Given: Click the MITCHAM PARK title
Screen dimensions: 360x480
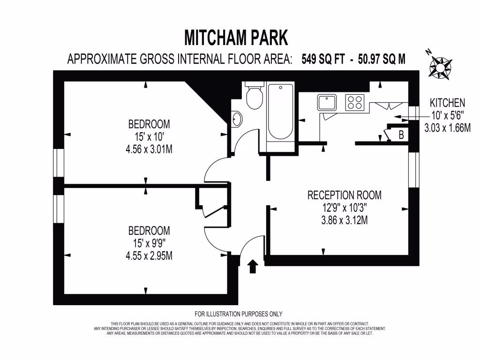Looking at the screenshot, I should coord(236,37).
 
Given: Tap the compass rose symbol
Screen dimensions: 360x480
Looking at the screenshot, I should coord(441,66).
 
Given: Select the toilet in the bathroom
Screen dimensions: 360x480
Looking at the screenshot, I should coord(254,97).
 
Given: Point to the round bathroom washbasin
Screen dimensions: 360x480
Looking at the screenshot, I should coord(237,119).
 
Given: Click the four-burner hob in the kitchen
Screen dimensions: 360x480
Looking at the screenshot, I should coord(355,102).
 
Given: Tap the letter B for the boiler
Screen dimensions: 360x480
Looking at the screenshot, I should coord(401,135).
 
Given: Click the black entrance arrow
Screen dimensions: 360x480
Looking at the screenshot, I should coord(252,266).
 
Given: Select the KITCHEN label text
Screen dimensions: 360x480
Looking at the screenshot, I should coord(448,103).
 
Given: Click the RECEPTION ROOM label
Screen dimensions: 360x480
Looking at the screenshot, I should coord(344,195).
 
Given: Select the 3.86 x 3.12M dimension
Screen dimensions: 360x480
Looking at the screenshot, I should coord(344,219).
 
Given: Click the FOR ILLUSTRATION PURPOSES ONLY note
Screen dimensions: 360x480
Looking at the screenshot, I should coord(239,314).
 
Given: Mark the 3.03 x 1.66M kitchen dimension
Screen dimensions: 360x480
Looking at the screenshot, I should coord(447,127).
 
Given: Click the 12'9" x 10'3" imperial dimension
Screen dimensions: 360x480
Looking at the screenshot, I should coord(344,207).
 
